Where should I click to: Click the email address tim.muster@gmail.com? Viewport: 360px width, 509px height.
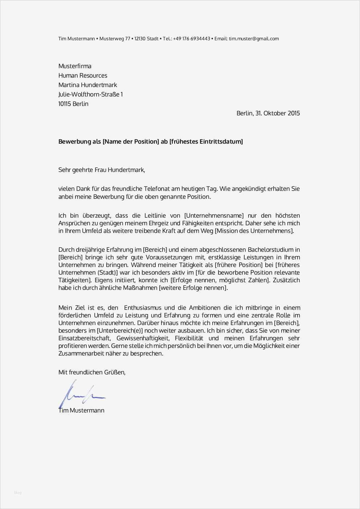pyautogui.click(x=254, y=39)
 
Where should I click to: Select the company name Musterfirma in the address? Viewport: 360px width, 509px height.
pyautogui.click(x=75, y=66)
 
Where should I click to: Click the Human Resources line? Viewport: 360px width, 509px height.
pyautogui.click(x=83, y=75)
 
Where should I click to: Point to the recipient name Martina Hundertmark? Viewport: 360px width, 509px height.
pyautogui.click(x=87, y=85)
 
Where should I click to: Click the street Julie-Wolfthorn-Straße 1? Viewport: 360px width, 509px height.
pyautogui.click(x=90, y=94)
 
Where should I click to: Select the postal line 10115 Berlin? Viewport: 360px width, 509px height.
pyautogui.click(x=73, y=104)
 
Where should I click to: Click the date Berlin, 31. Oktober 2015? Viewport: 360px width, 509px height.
pyautogui.click(x=268, y=113)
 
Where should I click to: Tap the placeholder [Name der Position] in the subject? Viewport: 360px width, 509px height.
pyautogui.click(x=131, y=141)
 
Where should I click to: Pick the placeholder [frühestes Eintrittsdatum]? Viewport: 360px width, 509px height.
pyautogui.click(x=206, y=141)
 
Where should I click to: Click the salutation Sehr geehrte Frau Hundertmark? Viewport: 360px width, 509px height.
pyautogui.click(x=102, y=170)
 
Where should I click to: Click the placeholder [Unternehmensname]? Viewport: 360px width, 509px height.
pyautogui.click(x=214, y=215)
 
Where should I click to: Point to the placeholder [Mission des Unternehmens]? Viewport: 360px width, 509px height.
pyautogui.click(x=254, y=231)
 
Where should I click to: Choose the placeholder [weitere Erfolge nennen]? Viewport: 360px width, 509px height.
pyautogui.click(x=193, y=288)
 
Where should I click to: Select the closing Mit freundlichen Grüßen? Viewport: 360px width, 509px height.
pyautogui.click(x=92, y=372)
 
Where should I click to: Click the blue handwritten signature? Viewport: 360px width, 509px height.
pyautogui.click(x=81, y=394)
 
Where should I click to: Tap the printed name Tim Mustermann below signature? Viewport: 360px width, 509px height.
pyautogui.click(x=81, y=410)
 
